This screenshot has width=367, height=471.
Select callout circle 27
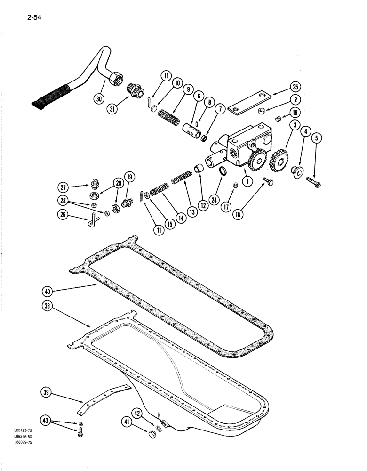click(70, 186)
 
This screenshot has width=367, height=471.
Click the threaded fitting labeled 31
click(134, 89)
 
